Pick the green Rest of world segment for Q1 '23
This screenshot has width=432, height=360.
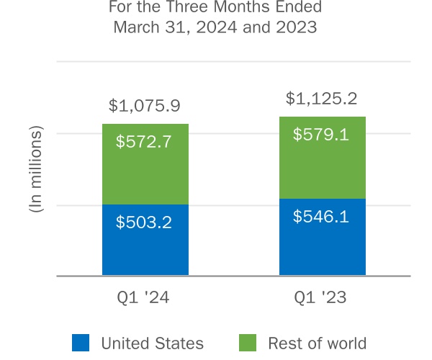pos(322,169)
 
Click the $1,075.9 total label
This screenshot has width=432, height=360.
pos(144,106)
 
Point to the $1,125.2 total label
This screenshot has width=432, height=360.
pos(321,98)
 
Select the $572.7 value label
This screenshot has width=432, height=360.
pos(144,142)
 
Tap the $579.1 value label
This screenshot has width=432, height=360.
pos(321,134)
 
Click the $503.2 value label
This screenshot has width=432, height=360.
pos(144,222)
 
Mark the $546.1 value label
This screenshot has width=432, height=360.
pos(321,215)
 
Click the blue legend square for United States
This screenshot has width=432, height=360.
pos(81,343)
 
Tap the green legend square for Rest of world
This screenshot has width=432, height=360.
pos(247,343)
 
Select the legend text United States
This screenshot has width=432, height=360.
pos(152,343)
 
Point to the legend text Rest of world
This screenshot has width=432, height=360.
pos(317,343)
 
